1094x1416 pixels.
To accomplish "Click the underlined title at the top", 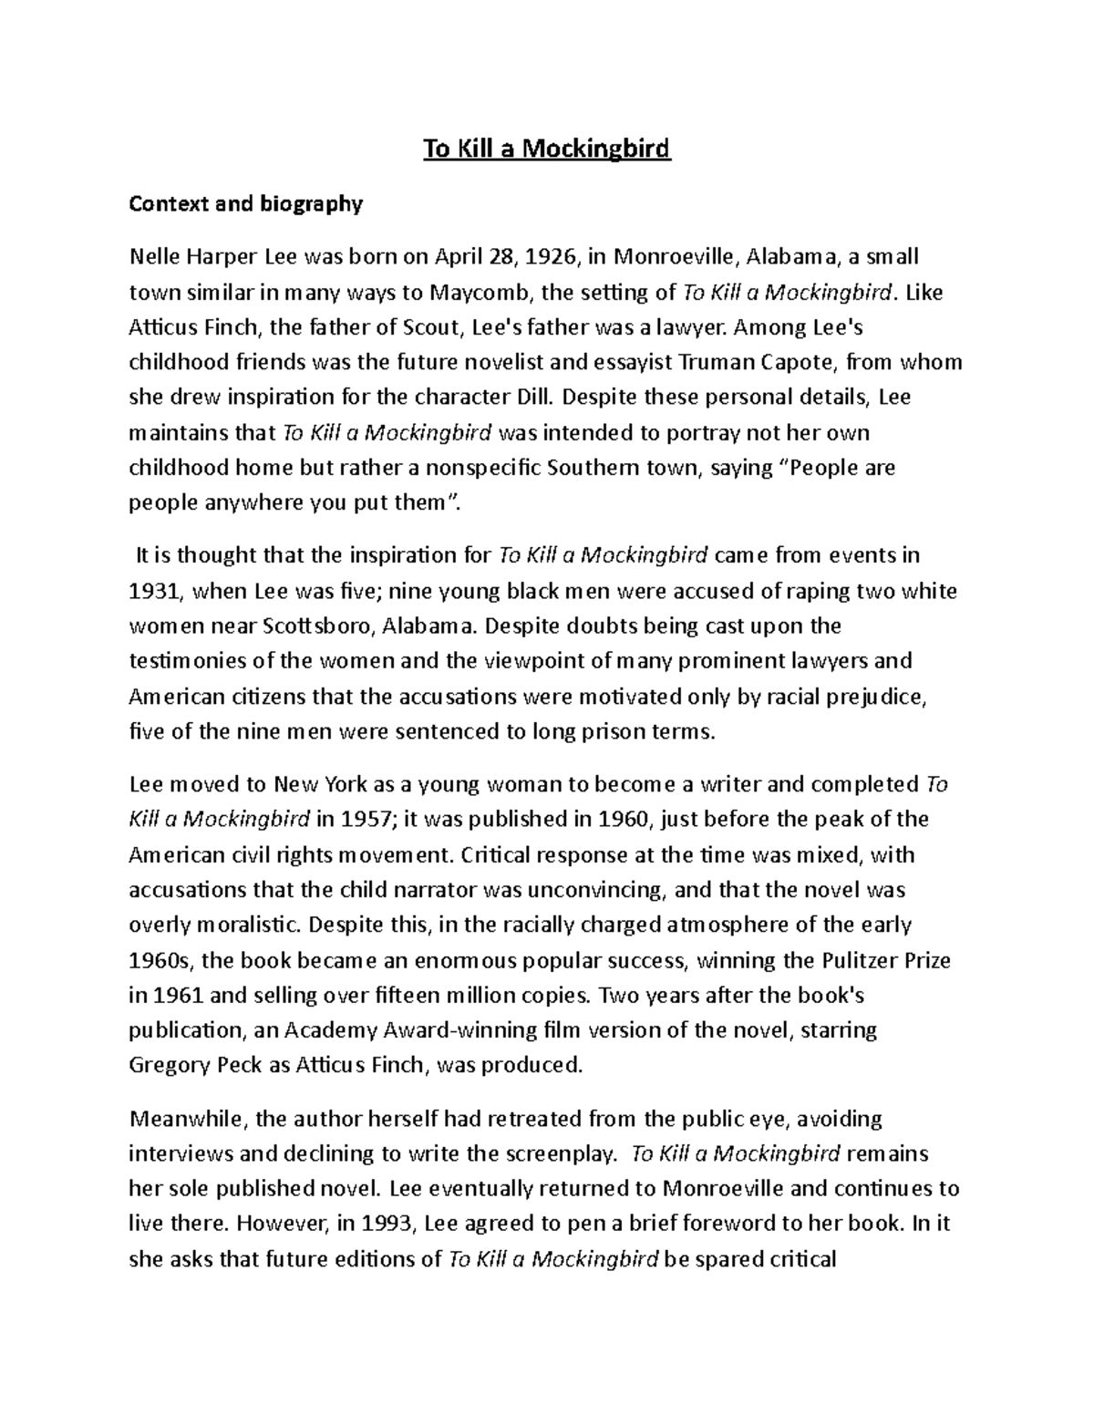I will tap(546, 148).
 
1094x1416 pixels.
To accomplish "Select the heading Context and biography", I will tap(245, 203).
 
